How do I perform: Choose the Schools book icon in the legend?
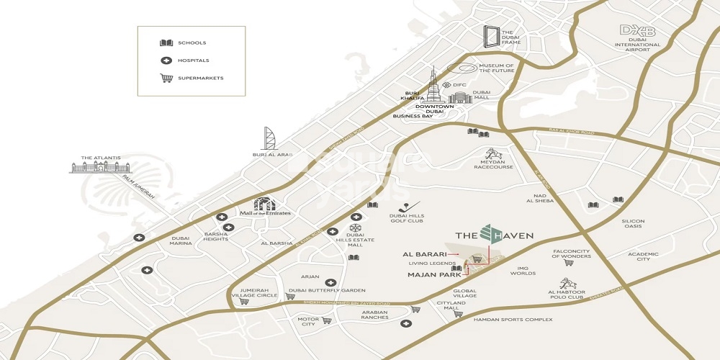(166, 43)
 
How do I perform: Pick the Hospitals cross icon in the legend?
(166, 60)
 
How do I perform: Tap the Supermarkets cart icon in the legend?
(166, 78)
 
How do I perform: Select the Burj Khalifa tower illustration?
(434, 87)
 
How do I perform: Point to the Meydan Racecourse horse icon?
(494, 155)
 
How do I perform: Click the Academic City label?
(643, 257)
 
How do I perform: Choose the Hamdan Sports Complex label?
(513, 320)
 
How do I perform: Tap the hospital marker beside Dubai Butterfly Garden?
(330, 283)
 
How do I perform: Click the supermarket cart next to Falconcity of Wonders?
(549, 263)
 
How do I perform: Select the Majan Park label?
(434, 274)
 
